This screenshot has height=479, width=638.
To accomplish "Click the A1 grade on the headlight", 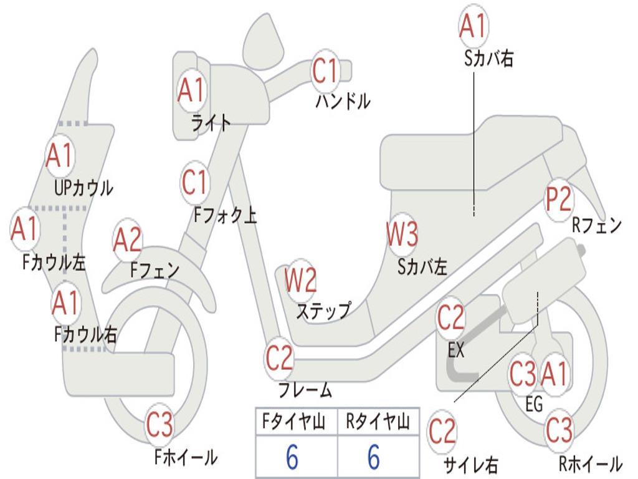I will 191,90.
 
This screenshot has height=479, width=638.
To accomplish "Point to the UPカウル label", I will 84,187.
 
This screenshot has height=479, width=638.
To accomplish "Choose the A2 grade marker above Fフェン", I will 128,240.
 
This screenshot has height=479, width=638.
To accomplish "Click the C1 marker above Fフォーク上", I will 194,182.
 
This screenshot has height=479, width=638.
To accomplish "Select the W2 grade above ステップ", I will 300,280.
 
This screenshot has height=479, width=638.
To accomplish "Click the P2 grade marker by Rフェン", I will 558,199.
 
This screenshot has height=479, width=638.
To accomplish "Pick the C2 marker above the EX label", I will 450,317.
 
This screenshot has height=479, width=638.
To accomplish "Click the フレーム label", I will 305,391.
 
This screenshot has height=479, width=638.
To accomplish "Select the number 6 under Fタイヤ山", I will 292,458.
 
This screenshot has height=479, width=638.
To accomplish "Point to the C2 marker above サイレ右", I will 442,432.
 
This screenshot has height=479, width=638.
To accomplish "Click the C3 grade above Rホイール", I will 558,429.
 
